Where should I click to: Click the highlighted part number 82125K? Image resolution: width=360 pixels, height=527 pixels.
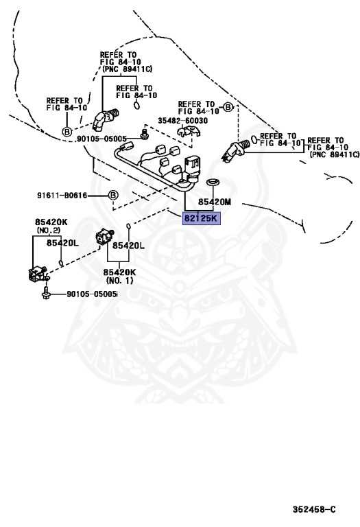coord(201,218)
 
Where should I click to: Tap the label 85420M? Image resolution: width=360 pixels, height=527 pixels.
coord(214,202)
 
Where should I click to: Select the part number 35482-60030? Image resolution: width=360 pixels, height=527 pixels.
coord(182,121)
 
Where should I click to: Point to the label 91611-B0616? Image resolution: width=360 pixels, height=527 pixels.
coord(62,196)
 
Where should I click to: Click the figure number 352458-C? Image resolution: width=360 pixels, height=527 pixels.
coord(314,510)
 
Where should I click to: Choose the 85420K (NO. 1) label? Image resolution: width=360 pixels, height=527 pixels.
coord(119,276)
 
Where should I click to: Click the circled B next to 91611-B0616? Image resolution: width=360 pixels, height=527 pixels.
coord(113,195)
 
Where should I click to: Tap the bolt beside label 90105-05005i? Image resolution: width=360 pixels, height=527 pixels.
coord(46,293)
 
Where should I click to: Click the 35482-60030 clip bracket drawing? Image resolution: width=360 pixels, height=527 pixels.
coord(189,132)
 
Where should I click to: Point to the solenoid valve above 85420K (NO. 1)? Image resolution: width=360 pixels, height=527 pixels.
coord(104,235)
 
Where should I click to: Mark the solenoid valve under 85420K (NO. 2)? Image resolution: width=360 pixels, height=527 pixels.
coord(38,273)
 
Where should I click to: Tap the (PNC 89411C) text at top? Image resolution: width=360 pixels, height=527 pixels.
coord(127,69)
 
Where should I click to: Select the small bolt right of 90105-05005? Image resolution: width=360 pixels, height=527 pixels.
coord(145,134)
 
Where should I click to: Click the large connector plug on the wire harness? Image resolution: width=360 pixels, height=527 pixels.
coord(193,165)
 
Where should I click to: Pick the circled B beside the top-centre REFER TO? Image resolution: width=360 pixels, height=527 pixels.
coord(228,108)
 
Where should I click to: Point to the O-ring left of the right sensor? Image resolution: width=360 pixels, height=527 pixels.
coord(254,139)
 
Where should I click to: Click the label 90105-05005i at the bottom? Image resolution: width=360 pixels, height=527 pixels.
coord(93,294)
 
